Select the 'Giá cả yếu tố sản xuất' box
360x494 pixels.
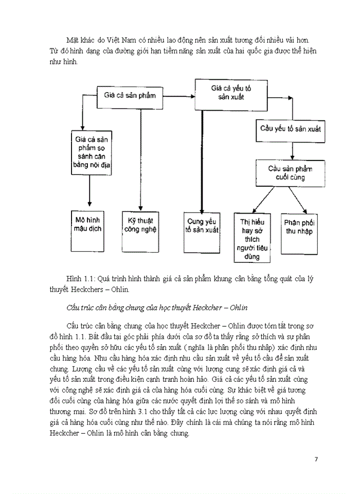[x=230, y=94]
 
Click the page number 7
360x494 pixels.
[x=316, y=460]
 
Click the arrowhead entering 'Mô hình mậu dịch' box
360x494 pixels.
[x=89, y=206]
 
